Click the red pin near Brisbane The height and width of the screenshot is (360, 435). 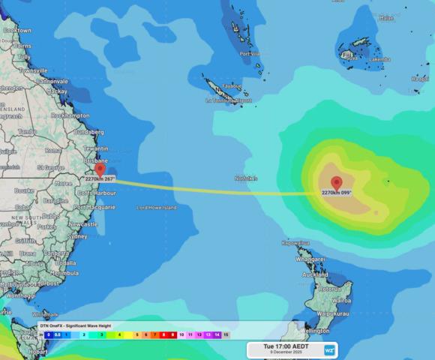pyautogui.click(x=100, y=169)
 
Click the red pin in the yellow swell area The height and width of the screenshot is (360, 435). pyautogui.click(x=336, y=182)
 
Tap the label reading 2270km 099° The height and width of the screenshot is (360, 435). pyautogui.click(x=337, y=193)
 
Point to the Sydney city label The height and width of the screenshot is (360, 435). pyautogui.click(x=77, y=236)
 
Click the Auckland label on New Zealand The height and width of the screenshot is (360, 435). pyautogui.click(x=314, y=274)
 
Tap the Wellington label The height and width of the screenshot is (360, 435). pyautogui.click(x=315, y=330)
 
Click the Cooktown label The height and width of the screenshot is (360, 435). pyautogui.click(x=16, y=31)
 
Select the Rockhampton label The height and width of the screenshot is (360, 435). pyautogui.click(x=70, y=116)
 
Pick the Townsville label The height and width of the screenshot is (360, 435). pyautogui.click(x=33, y=70)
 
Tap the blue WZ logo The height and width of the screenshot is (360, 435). pyautogui.click(x=328, y=349)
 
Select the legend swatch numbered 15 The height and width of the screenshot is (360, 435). pyautogui.click(x=226, y=335)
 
